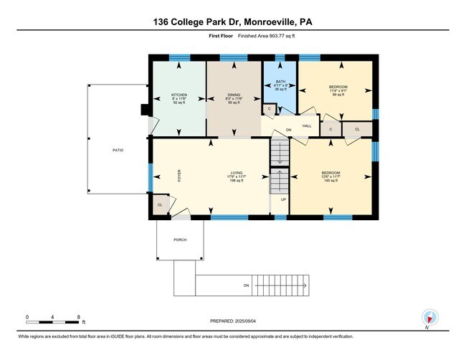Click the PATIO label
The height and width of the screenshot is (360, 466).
tap(118, 151)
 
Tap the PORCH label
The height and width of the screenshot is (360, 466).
tap(180, 240)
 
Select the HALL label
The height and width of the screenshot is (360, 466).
tap(307, 126)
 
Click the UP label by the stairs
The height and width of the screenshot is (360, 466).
tap(283, 199)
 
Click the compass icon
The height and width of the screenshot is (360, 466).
tap(429, 318)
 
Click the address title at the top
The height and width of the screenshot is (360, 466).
tap(233, 22)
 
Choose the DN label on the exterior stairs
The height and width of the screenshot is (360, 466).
tap(246, 285)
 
